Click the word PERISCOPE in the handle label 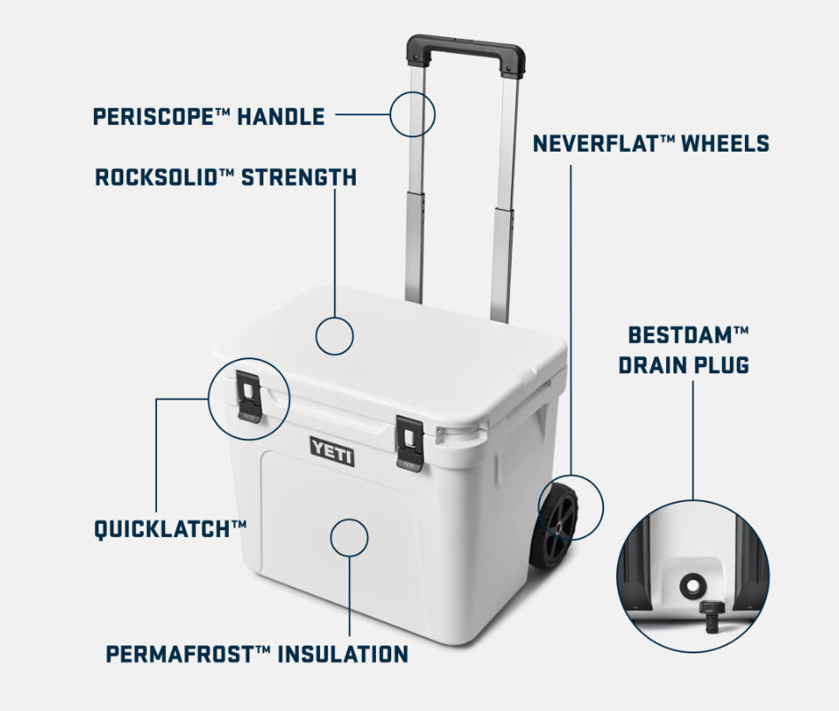154,117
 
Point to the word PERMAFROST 180,654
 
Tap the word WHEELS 726,144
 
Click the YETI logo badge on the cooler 332,451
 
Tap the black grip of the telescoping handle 466,52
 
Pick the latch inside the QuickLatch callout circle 248,396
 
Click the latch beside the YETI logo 411,443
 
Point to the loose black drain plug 711,616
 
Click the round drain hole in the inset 692,585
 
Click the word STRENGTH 299,177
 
